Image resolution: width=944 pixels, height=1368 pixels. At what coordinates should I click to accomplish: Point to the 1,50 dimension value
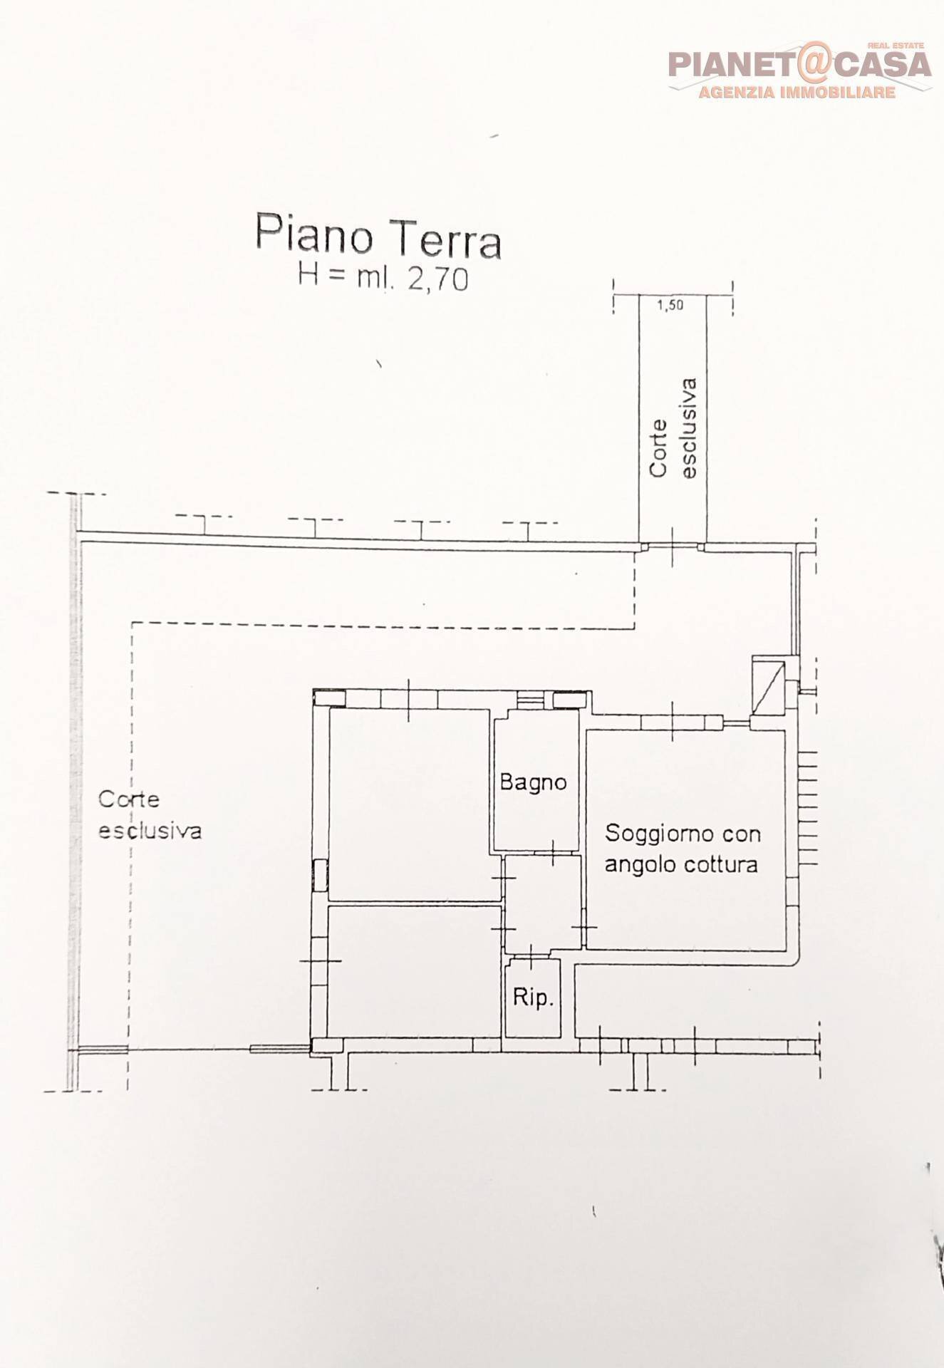pyautogui.click(x=670, y=306)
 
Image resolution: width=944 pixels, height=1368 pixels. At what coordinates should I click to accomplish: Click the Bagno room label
pyautogui.click(x=533, y=782)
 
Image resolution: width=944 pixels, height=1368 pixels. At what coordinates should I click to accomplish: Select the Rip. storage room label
pyautogui.click(x=533, y=997)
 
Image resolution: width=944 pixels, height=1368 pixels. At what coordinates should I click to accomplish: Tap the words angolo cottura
pyautogui.click(x=680, y=864)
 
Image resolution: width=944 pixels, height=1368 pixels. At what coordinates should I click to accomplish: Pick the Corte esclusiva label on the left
pyautogui.click(x=150, y=815)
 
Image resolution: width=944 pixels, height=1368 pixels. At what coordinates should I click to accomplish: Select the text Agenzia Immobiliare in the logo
pyautogui.click(x=796, y=93)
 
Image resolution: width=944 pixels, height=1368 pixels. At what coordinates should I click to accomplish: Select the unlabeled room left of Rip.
pyautogui.click(x=413, y=972)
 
